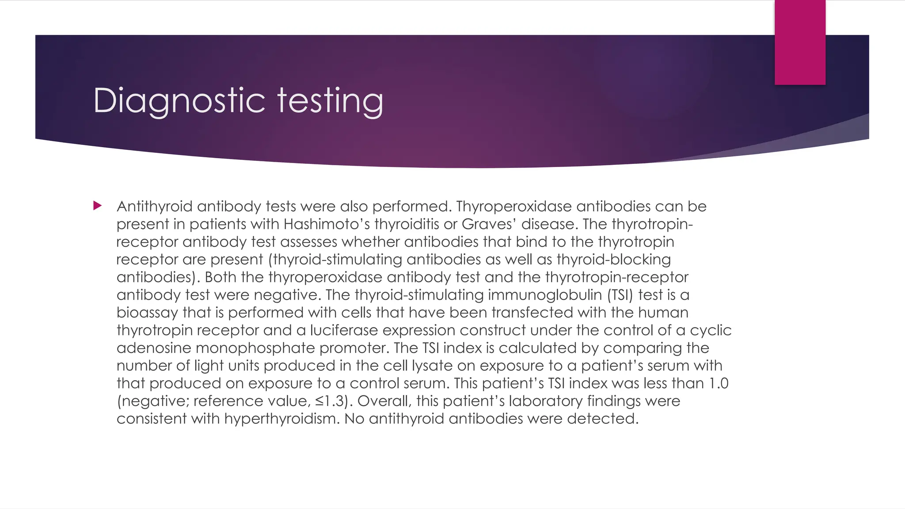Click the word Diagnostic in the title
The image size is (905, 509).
click(179, 101)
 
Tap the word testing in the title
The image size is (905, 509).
click(330, 101)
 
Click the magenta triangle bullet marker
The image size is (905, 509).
click(98, 205)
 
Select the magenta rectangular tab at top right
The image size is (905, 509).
click(800, 42)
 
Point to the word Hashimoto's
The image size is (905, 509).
click(327, 224)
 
